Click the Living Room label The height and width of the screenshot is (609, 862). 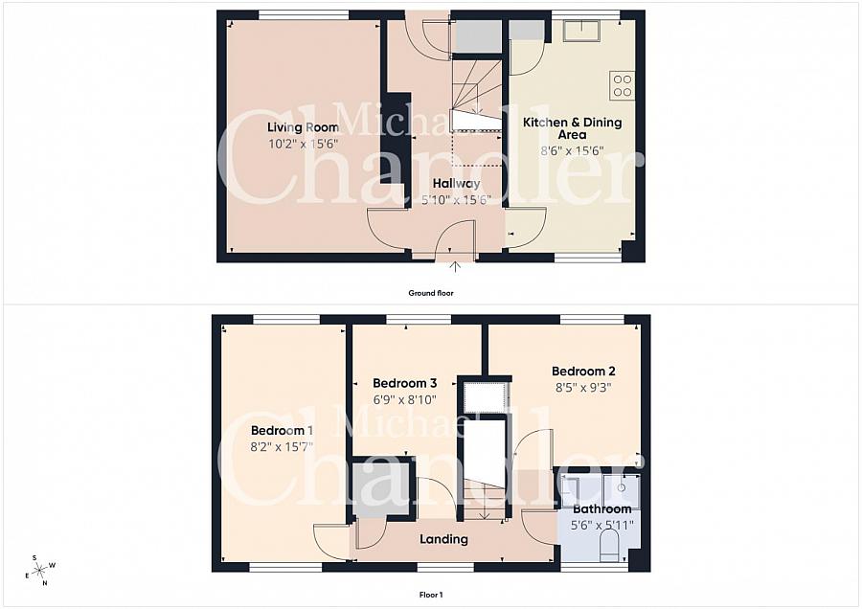[x=303, y=127]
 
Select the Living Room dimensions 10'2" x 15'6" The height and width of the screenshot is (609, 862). [x=303, y=145]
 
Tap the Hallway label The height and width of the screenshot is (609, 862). [x=456, y=183]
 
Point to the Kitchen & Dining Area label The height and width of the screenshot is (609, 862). [x=573, y=128]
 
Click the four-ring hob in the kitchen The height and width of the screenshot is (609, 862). [x=623, y=86]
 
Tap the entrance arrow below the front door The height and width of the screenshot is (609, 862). [x=455, y=266]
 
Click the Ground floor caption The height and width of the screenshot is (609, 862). [x=431, y=293]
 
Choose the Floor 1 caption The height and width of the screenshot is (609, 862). [x=431, y=595]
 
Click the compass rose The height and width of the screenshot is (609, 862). [x=41, y=571]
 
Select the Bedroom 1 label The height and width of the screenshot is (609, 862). [x=282, y=430]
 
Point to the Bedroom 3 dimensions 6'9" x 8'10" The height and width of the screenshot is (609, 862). [x=405, y=399]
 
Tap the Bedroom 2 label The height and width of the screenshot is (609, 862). [x=583, y=371]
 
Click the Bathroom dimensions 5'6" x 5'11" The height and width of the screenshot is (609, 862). [x=602, y=526]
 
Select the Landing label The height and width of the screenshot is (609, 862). [x=443, y=539]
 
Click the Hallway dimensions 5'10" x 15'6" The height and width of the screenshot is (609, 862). [x=456, y=200]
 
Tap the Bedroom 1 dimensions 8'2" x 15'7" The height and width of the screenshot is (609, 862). [x=282, y=447]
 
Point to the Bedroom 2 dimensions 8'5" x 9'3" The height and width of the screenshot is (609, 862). [x=583, y=388]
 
